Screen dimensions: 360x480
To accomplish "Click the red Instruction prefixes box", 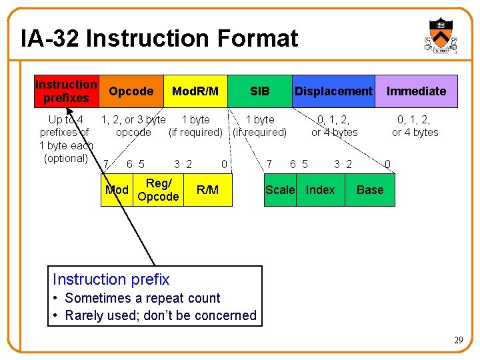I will click(x=66, y=91).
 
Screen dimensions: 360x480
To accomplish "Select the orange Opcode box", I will click(x=131, y=91).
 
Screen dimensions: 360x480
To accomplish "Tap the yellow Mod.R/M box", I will click(x=195, y=91).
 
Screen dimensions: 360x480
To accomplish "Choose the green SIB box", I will click(x=259, y=91).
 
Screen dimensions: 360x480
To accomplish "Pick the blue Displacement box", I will click(x=333, y=91).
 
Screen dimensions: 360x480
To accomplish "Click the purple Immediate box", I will click(x=416, y=91).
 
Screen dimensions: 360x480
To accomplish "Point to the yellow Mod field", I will click(x=117, y=190).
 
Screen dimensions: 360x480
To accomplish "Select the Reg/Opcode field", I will click(x=157, y=190).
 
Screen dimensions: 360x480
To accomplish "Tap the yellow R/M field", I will click(x=207, y=190).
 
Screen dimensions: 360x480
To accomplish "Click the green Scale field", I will click(x=280, y=190).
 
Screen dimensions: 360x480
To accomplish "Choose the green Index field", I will click(x=320, y=190).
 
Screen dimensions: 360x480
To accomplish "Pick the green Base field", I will click(x=370, y=190).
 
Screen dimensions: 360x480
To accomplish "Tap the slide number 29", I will click(x=459, y=341).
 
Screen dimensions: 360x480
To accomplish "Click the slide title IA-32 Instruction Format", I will click(x=159, y=39).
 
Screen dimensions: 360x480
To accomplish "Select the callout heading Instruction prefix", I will click(x=111, y=279).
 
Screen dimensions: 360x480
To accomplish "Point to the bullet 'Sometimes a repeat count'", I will click(x=142, y=298).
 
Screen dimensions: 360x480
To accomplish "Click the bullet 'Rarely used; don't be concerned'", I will click(x=160, y=315).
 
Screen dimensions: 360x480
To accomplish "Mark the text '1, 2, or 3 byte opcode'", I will click(x=133, y=126).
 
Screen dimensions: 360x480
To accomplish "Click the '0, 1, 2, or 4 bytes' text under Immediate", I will click(x=415, y=126).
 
